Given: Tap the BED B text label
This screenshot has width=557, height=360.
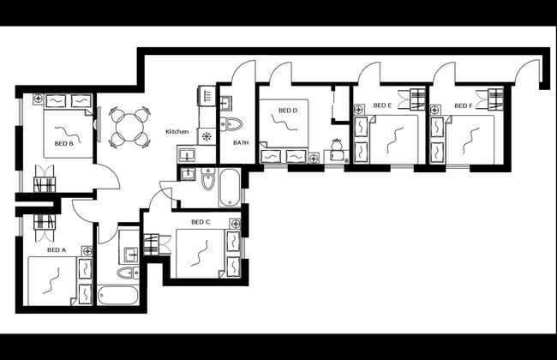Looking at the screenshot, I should click(63, 143).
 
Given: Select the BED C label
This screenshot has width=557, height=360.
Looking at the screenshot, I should click(201, 222).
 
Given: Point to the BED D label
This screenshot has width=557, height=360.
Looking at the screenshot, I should click(288, 111).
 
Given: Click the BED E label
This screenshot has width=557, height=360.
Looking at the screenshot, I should click(383, 106).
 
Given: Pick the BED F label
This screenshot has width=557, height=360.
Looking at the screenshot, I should click(463, 106).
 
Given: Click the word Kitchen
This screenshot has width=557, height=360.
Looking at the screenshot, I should click(177, 131).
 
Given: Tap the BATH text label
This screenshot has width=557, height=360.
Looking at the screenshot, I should click(241, 143).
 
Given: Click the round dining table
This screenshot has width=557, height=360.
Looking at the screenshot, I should click(129, 126).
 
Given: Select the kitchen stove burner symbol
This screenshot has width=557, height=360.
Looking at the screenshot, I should click(207, 135).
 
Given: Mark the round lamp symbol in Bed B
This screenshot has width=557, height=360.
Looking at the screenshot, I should click(39, 99).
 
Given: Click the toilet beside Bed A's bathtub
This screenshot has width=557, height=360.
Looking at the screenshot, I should click(127, 273).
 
